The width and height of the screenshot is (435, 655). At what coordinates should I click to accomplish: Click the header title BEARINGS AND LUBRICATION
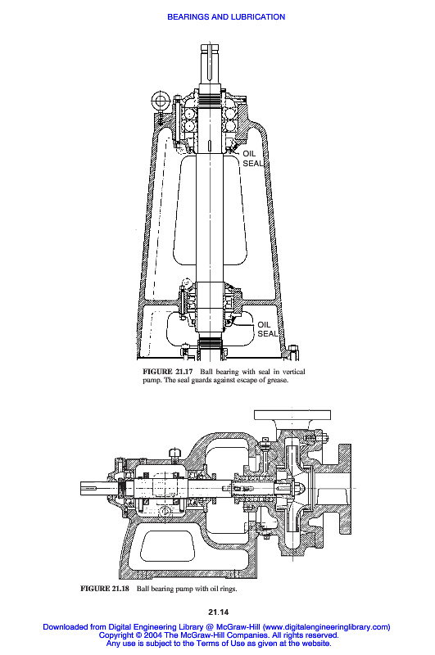click(226, 17)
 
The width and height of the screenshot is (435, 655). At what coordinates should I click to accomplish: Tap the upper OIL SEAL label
click(253, 159)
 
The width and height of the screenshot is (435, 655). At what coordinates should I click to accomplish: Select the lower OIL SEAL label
click(267, 329)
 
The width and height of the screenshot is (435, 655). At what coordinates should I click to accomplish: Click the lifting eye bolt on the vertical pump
click(159, 100)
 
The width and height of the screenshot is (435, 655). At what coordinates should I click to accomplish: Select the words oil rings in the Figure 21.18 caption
click(223, 589)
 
